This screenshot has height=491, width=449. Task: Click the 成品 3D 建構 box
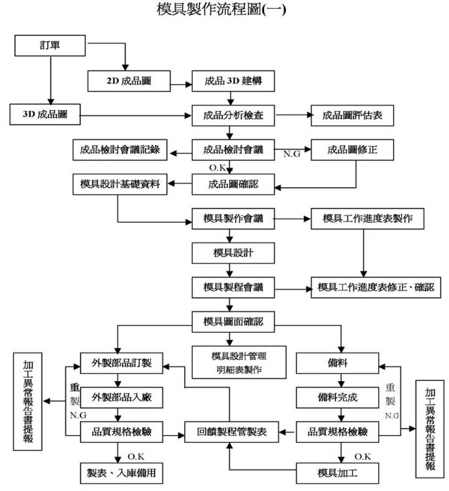pyautogui.click(x=232, y=80)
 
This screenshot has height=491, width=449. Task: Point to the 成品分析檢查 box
pyautogui.click(x=232, y=115)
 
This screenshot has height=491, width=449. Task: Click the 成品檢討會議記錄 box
pyautogui.click(x=120, y=149)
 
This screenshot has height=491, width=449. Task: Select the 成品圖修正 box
pyautogui.click(x=352, y=149)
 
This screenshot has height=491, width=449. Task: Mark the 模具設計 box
pyautogui.click(x=232, y=252)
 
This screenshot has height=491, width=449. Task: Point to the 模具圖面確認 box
pyautogui.click(x=232, y=323)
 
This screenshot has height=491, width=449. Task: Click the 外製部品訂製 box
pyautogui.click(x=121, y=362)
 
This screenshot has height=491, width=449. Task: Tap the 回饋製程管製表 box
pyautogui.click(x=232, y=431)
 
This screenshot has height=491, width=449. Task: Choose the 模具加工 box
pyautogui.click(x=340, y=472)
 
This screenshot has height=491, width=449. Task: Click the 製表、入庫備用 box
pyautogui.click(x=121, y=472)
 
